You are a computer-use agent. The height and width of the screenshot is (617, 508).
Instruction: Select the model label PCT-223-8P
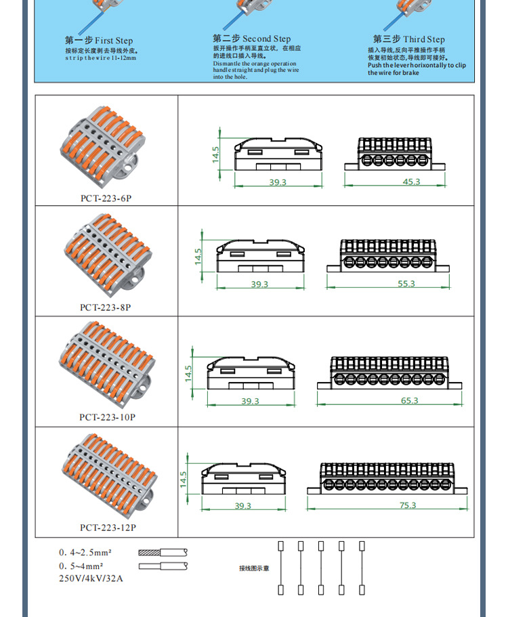coord(105,307)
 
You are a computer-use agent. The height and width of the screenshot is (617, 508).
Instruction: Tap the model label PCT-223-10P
coord(107,417)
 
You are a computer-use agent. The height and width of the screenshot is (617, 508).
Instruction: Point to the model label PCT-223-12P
coord(108,528)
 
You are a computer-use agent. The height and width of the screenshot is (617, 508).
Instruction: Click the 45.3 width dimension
coord(411,182)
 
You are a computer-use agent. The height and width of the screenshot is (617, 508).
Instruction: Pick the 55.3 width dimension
coord(406,284)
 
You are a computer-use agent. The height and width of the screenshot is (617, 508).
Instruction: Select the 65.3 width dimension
coord(410,401)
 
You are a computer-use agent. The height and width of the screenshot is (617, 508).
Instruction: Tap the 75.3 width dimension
coord(408,505)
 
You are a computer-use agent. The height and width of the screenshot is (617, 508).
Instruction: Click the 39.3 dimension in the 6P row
coord(278,182)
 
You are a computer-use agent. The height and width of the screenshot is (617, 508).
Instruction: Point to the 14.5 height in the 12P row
coord(183,479)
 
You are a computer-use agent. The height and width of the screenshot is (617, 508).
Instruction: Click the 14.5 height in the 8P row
coord(198,256)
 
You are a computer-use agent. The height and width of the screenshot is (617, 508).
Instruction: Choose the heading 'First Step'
coord(100,41)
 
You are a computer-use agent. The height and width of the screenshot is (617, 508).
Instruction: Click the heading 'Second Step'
coord(251,39)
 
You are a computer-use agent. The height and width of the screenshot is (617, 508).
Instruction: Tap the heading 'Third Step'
coord(408,39)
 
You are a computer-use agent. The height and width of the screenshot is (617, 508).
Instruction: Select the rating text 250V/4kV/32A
coord(91,578)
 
